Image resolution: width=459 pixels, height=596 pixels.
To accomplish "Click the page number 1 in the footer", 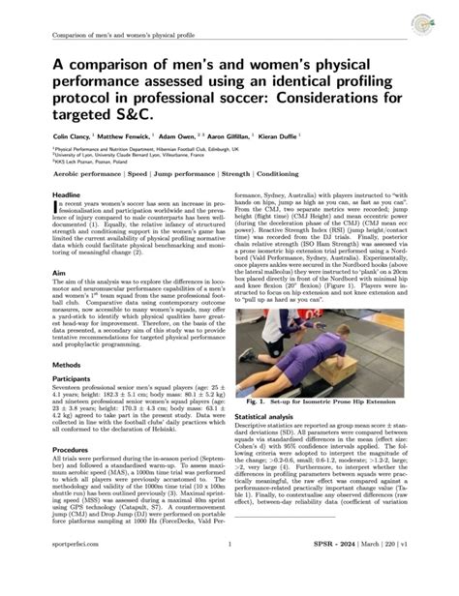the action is pos(229,571).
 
